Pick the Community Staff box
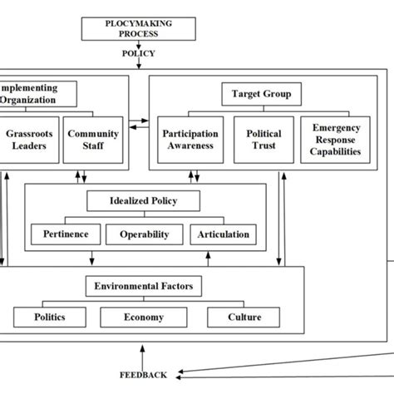(92, 139)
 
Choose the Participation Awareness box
(190, 139)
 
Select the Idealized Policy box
(143, 200)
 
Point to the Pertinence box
(65, 234)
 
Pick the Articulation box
(223, 234)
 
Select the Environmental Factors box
(143, 287)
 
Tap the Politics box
(50, 318)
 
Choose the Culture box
(244, 318)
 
